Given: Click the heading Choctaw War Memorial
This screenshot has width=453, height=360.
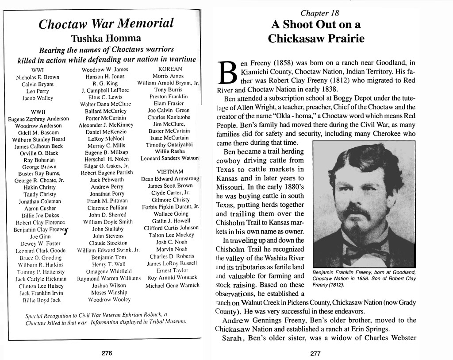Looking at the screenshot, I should click(106, 24).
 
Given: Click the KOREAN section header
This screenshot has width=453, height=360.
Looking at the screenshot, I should click(170, 69).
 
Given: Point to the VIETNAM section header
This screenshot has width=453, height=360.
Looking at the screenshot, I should click(170, 172).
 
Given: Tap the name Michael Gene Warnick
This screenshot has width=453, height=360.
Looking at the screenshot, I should click(173, 286).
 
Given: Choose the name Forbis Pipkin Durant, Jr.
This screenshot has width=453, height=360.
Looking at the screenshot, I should click(170, 207).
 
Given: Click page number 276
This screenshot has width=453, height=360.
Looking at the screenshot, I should click(107, 353).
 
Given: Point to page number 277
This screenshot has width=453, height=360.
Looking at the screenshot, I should click(315, 353).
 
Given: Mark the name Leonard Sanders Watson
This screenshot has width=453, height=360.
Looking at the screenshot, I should click(170, 158).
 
